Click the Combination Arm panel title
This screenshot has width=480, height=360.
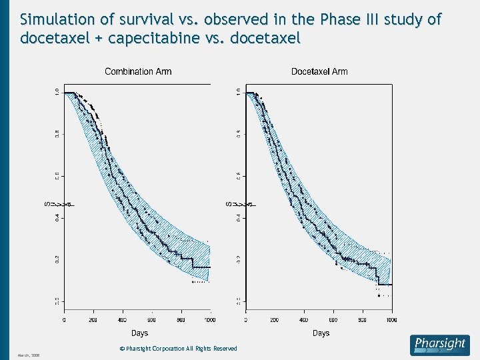(138, 71)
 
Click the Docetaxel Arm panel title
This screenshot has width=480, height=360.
(319, 71)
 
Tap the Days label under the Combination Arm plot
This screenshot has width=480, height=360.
(139, 333)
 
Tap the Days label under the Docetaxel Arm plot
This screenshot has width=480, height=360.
(321, 333)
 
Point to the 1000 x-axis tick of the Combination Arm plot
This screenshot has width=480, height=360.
(209, 319)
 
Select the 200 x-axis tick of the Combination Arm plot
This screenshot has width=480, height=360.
(94, 319)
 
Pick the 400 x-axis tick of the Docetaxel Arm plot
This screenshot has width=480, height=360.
(304, 319)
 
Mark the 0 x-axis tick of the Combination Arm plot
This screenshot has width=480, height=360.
(65, 319)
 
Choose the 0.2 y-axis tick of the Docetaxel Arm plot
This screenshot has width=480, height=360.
(239, 259)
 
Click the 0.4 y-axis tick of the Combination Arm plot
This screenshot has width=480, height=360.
(57, 217)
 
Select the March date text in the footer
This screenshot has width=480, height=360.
(29, 355)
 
